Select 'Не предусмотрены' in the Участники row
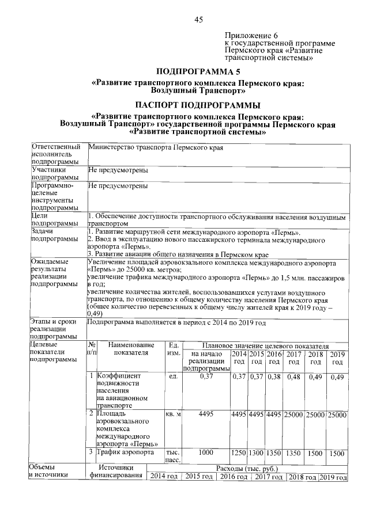(118, 170)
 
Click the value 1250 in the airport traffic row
(239, 454)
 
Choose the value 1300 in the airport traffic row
(257, 454)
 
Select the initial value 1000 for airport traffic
(206, 453)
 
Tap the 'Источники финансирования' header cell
(115, 472)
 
